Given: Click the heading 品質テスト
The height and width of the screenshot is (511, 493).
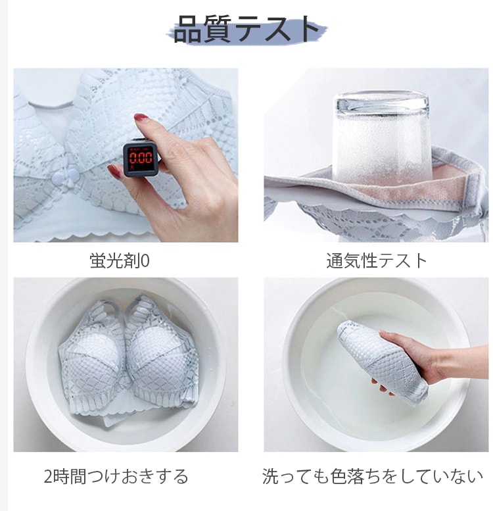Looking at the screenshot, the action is (246, 29).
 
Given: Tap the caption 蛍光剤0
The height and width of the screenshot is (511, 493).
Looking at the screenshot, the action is (120, 260).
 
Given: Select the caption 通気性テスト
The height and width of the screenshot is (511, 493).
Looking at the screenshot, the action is (377, 260).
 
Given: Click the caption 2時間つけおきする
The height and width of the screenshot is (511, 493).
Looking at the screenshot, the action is (116, 476).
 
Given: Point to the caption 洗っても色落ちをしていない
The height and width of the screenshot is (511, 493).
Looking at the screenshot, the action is (372, 476).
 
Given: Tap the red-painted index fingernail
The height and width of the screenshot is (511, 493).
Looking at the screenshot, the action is (141, 116).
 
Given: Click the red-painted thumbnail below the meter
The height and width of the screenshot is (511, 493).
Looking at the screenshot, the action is (114, 171).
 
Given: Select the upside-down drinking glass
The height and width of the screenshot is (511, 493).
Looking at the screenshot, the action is (383, 137).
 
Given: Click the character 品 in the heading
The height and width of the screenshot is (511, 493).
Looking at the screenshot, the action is (188, 30).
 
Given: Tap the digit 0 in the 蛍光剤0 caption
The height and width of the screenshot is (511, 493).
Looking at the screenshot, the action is (146, 261).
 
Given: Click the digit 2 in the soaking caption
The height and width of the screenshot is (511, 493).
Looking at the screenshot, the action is (48, 477).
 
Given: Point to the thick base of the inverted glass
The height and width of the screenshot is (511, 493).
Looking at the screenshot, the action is (383, 102).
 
